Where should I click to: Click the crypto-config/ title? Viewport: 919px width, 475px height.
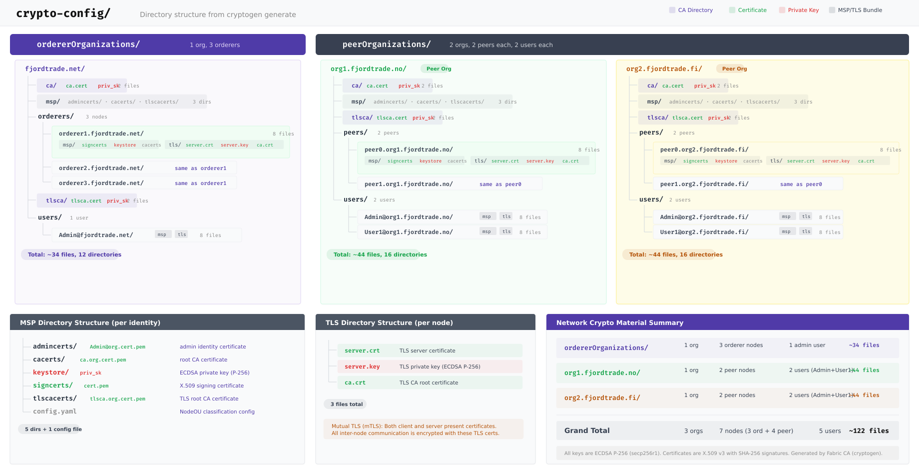point(63,13)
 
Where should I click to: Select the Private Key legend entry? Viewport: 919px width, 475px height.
point(803,10)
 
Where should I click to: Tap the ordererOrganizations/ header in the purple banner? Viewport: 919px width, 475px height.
point(88,44)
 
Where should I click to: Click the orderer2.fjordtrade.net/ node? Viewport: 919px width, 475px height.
point(101,168)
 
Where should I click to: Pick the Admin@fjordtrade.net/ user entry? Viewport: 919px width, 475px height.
point(96,235)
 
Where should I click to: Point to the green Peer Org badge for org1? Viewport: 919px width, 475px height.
point(439,69)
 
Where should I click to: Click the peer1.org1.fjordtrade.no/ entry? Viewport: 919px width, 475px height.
point(409,184)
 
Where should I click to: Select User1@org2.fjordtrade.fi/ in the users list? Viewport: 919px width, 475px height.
point(704,232)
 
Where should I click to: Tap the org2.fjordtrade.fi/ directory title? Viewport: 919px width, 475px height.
point(664,69)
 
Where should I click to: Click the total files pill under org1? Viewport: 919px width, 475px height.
point(380,254)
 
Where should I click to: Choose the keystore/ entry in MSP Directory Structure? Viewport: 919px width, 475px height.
point(50,372)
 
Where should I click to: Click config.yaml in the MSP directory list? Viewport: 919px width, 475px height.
point(54,411)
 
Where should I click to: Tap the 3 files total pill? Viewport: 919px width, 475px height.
point(346,404)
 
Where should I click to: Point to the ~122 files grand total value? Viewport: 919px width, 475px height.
point(869,430)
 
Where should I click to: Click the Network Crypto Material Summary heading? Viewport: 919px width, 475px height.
point(619,322)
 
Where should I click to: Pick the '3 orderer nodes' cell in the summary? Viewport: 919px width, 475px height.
point(741,345)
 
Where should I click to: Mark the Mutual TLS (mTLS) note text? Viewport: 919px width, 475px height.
point(415,429)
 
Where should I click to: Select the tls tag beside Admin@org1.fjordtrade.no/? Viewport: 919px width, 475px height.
point(506,216)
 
